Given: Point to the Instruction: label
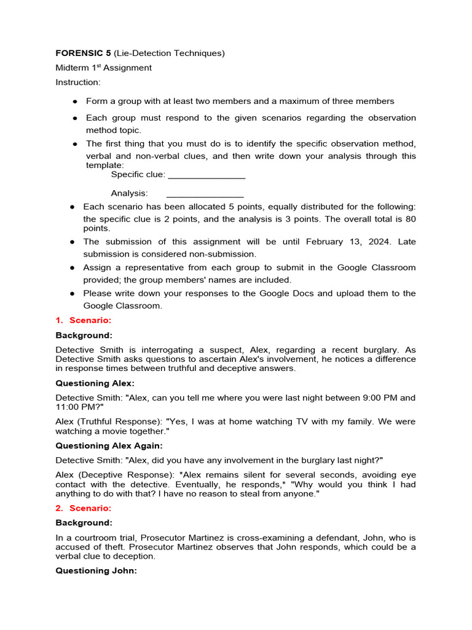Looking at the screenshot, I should [78, 82].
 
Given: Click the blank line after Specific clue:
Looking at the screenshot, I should [206, 175].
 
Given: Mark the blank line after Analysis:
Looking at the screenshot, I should [205, 194].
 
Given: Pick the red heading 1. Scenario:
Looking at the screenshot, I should [84, 321].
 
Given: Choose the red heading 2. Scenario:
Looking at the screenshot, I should [84, 508].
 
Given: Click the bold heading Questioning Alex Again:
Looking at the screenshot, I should [109, 445].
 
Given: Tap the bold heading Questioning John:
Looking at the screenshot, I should [96, 570].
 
